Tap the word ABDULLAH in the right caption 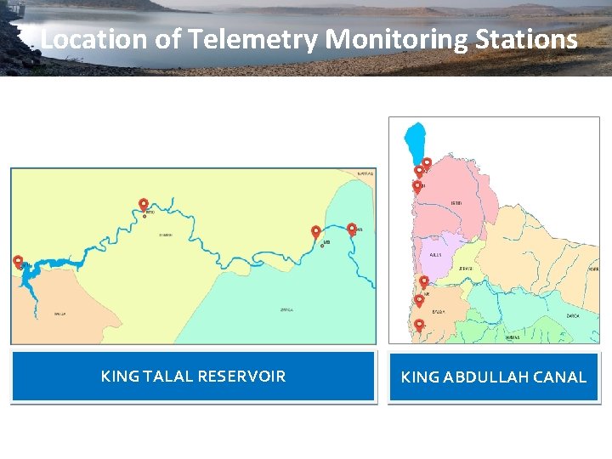point(484,377)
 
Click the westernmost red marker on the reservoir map point(18,262)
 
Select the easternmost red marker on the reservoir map point(352,229)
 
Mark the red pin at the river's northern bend point(144,205)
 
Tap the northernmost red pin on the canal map point(427,163)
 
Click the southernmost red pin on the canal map point(418,325)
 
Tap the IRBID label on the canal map point(456,203)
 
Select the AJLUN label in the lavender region point(435,254)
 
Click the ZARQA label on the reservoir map point(286,310)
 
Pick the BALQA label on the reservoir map point(60,314)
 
